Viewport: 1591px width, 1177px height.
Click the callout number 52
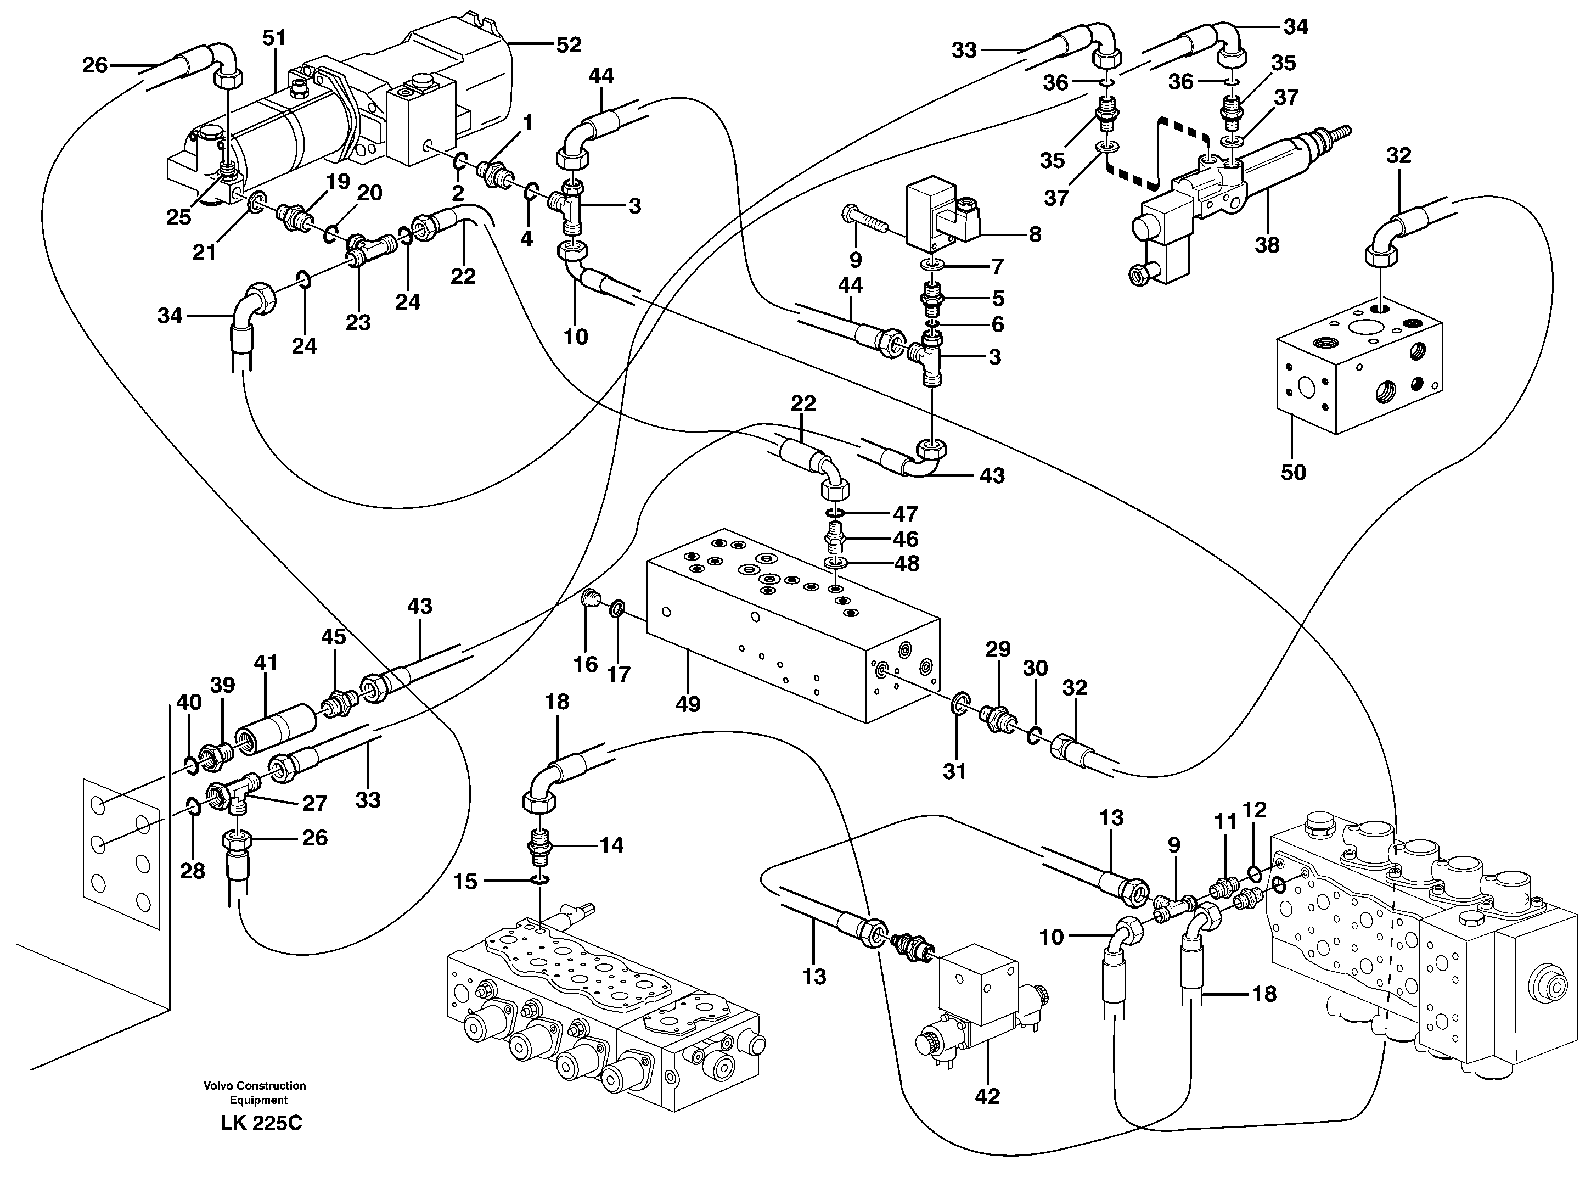[569, 45]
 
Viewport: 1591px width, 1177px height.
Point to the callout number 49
[688, 704]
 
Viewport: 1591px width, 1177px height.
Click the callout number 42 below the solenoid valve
[987, 1096]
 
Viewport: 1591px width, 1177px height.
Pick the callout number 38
[1267, 244]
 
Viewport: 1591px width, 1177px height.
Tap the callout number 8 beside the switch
[1035, 234]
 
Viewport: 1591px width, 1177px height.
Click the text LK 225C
[261, 1124]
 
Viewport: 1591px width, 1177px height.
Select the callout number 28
[192, 871]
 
